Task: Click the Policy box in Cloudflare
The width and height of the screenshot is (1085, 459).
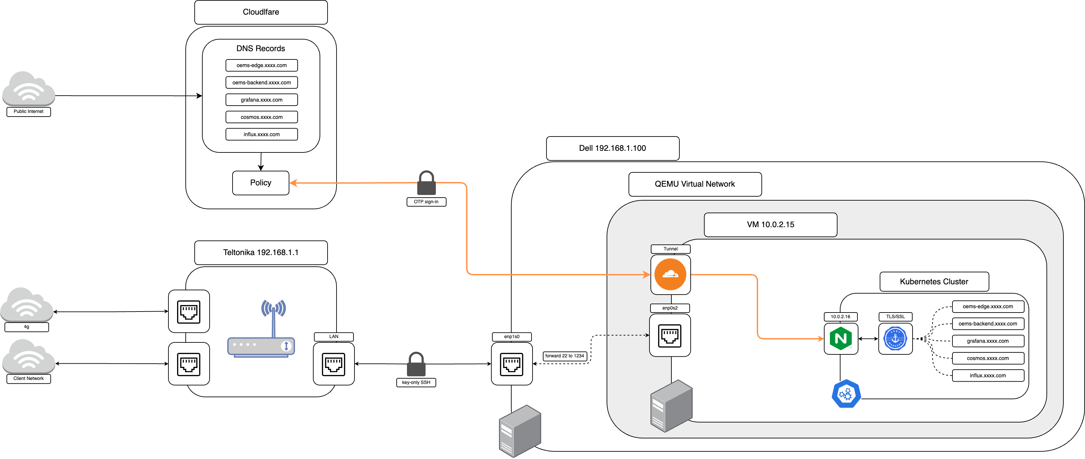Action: [x=260, y=183]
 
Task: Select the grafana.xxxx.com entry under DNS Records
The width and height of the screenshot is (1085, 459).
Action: [x=261, y=100]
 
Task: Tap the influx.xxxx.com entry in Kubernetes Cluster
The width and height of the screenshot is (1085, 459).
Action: [x=987, y=376]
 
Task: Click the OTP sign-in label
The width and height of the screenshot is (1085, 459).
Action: [x=426, y=202]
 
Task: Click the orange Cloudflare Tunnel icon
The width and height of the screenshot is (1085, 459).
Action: [x=670, y=275]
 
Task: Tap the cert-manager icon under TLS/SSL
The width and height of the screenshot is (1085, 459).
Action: [x=895, y=338]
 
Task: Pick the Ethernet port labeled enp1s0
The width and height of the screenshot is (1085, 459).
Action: [x=512, y=364]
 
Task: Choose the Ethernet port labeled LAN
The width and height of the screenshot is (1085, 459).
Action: [x=334, y=364]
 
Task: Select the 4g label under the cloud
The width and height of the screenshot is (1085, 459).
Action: [x=27, y=327]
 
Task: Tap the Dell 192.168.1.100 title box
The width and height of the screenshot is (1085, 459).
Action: [x=612, y=148]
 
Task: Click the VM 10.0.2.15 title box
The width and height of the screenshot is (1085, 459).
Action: [x=770, y=225]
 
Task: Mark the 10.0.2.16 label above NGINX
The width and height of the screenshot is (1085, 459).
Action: [x=840, y=317]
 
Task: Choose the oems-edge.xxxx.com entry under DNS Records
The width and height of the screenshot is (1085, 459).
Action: [x=261, y=65]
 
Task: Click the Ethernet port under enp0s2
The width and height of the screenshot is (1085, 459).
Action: [x=670, y=335]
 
